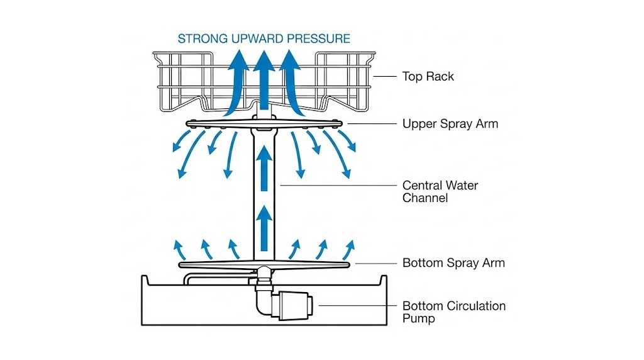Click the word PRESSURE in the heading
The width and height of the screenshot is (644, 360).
tap(318, 38)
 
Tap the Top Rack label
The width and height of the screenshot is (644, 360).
tap(428, 77)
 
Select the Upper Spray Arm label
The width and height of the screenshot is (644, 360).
tap(450, 124)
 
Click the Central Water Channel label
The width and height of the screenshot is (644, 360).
tap(440, 191)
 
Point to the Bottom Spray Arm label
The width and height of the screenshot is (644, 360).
tap(453, 263)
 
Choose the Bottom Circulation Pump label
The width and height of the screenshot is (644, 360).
tap(453, 312)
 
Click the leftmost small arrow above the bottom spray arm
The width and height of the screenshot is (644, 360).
tap(179, 249)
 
